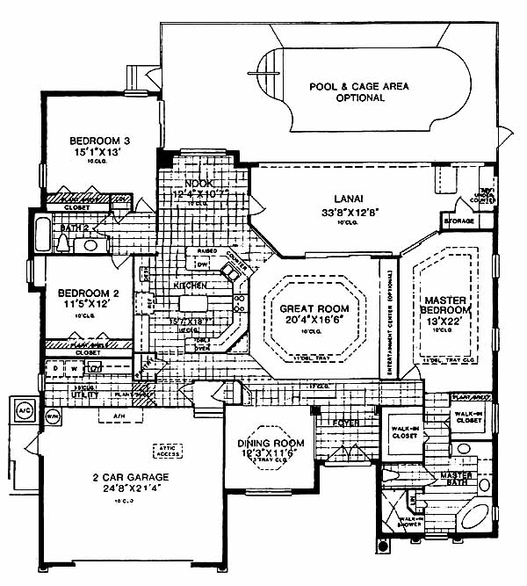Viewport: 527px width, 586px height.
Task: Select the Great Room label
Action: (x=314, y=309)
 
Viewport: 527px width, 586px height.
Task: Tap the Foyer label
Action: (x=346, y=422)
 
